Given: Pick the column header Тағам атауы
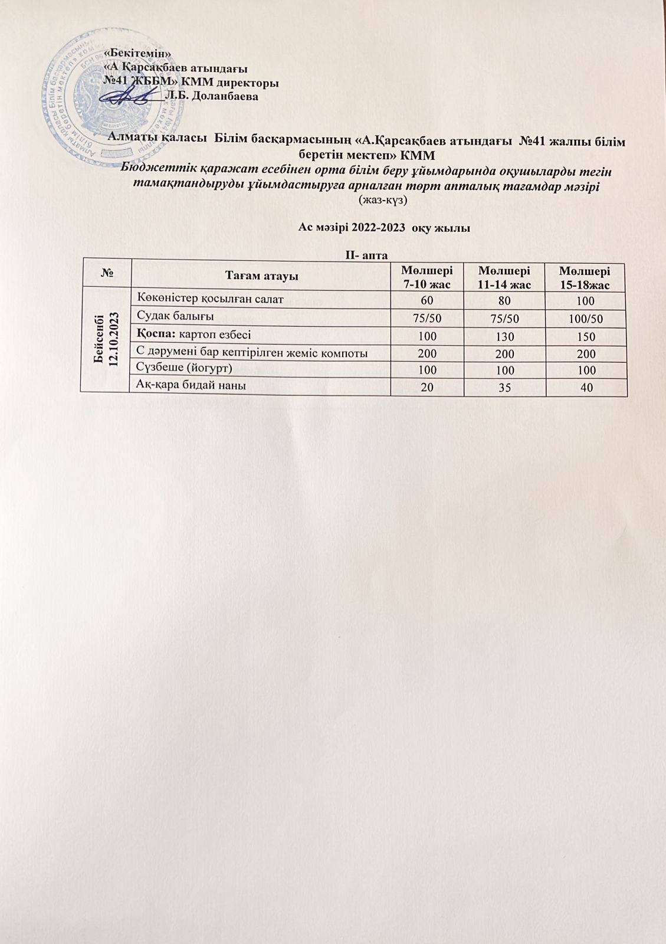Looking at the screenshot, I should pos(261,276).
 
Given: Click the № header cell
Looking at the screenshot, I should pos(108,276).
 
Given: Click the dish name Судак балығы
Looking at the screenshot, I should pos(175,317).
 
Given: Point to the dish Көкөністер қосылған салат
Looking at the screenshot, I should pos(210,299).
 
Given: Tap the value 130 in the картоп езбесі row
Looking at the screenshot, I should pos(505,337).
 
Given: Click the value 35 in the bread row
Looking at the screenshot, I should pos(505,388).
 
